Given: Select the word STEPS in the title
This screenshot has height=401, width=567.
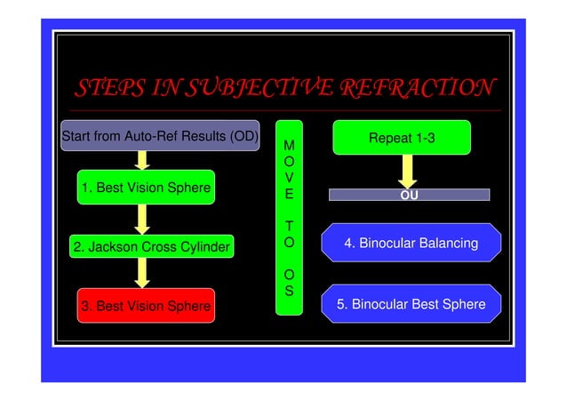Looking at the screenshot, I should [x=112, y=88].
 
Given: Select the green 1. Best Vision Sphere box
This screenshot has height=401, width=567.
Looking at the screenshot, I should [x=146, y=188].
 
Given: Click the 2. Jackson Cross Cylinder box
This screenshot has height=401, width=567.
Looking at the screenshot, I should [x=152, y=246].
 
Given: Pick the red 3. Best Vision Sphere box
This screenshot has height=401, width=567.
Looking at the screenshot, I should [x=146, y=306].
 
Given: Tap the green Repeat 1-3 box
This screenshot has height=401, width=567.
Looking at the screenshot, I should [x=401, y=138].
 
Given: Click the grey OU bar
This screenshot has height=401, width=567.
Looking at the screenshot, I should [x=409, y=194].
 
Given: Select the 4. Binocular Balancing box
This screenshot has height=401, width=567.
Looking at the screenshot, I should [x=411, y=243].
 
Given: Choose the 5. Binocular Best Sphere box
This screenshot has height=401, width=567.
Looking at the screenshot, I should [x=411, y=304].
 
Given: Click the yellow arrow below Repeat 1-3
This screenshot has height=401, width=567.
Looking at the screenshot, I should [x=408, y=170].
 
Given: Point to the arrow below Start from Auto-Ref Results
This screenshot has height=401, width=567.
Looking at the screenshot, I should [x=141, y=159].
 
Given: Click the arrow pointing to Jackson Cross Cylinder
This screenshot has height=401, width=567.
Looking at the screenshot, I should [x=141, y=219].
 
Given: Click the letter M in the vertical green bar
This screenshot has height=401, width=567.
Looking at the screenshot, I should [x=289, y=144].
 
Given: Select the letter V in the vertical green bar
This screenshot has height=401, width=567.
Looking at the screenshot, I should [x=289, y=178].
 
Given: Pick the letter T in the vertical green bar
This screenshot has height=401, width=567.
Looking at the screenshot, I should [x=289, y=226].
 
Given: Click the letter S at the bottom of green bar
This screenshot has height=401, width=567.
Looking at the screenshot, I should [x=289, y=291].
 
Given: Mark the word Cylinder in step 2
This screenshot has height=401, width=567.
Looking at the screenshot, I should [x=203, y=246].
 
